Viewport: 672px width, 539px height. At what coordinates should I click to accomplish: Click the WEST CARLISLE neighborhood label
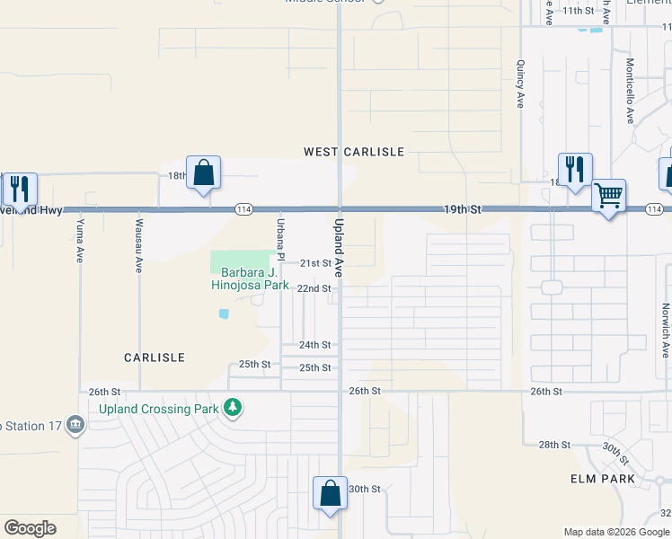point(354,152)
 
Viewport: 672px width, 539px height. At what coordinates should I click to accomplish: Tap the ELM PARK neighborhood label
point(603,479)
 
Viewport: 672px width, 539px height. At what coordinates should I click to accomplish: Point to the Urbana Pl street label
point(280,239)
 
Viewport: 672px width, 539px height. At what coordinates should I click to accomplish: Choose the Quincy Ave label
point(520,84)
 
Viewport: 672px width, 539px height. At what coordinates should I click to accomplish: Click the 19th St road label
point(463,209)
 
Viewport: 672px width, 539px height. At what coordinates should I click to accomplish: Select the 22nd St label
point(314,288)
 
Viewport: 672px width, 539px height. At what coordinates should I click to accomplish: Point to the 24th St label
point(315,345)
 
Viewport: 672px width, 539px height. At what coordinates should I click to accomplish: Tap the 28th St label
point(554,445)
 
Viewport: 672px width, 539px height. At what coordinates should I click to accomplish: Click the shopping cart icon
point(609,195)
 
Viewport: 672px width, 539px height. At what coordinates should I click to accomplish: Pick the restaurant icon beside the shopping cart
point(575,168)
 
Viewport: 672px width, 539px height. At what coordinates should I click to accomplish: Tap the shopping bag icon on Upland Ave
point(330,492)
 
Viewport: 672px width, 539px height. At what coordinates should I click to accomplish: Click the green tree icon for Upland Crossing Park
point(233,409)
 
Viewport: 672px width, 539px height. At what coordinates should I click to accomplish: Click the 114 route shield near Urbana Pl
point(243,209)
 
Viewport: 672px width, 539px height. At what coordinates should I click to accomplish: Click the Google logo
point(30,528)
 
